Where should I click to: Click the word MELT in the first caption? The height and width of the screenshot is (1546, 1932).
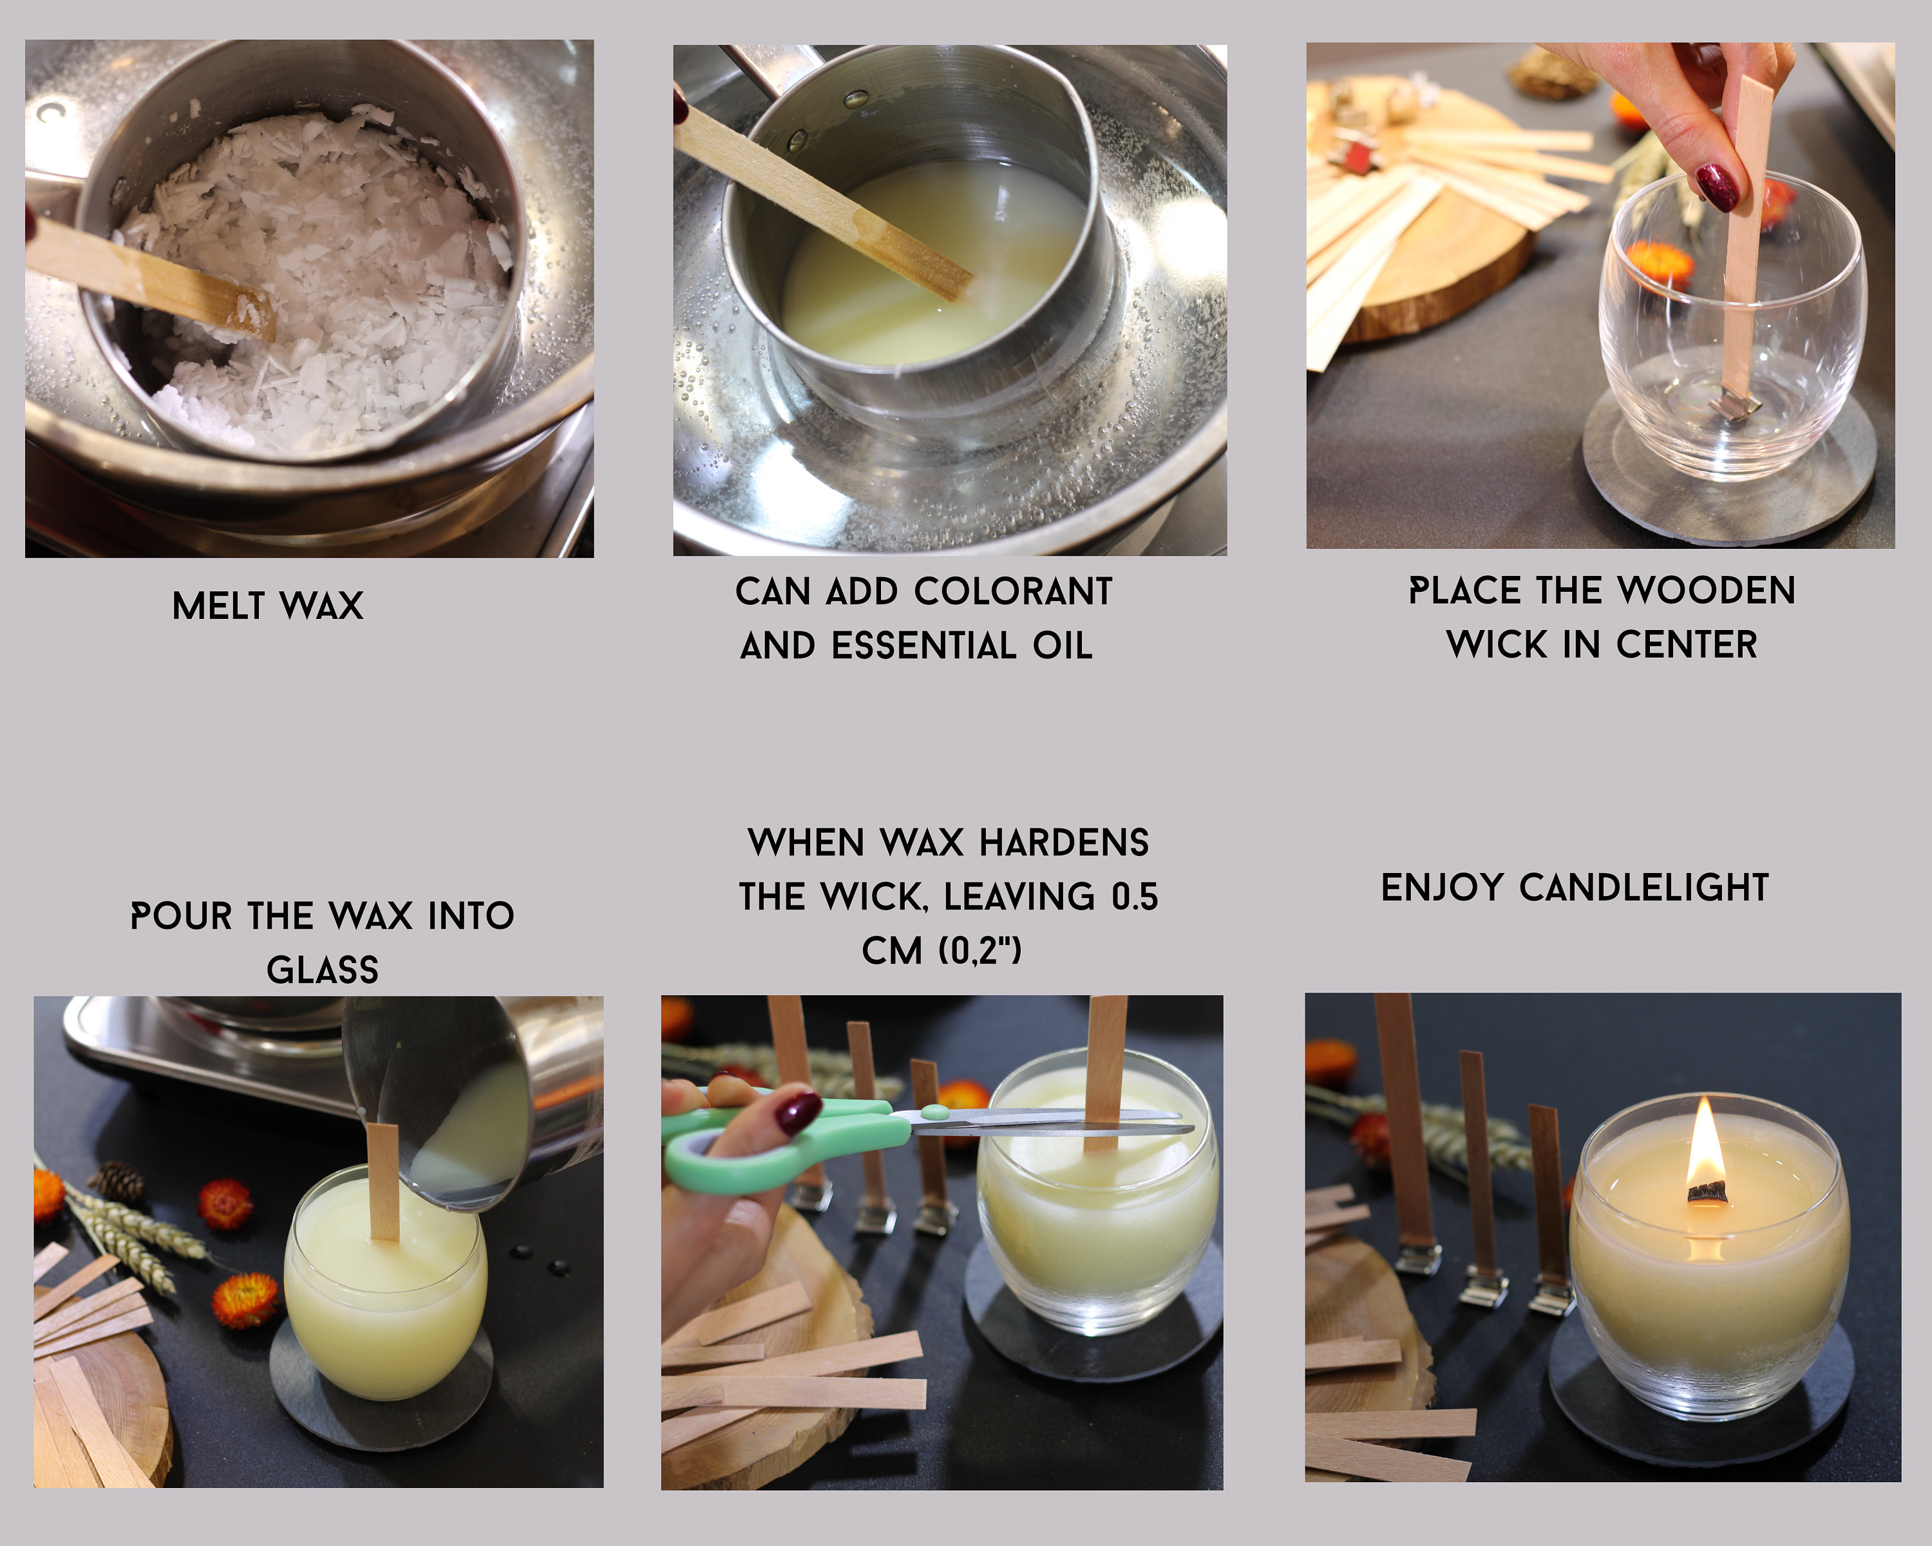point(219,607)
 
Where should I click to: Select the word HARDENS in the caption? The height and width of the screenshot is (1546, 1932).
point(1064,843)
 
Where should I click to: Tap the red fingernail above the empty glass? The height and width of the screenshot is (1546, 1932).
point(1717,186)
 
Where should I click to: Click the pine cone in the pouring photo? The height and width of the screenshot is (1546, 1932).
point(119,1181)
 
